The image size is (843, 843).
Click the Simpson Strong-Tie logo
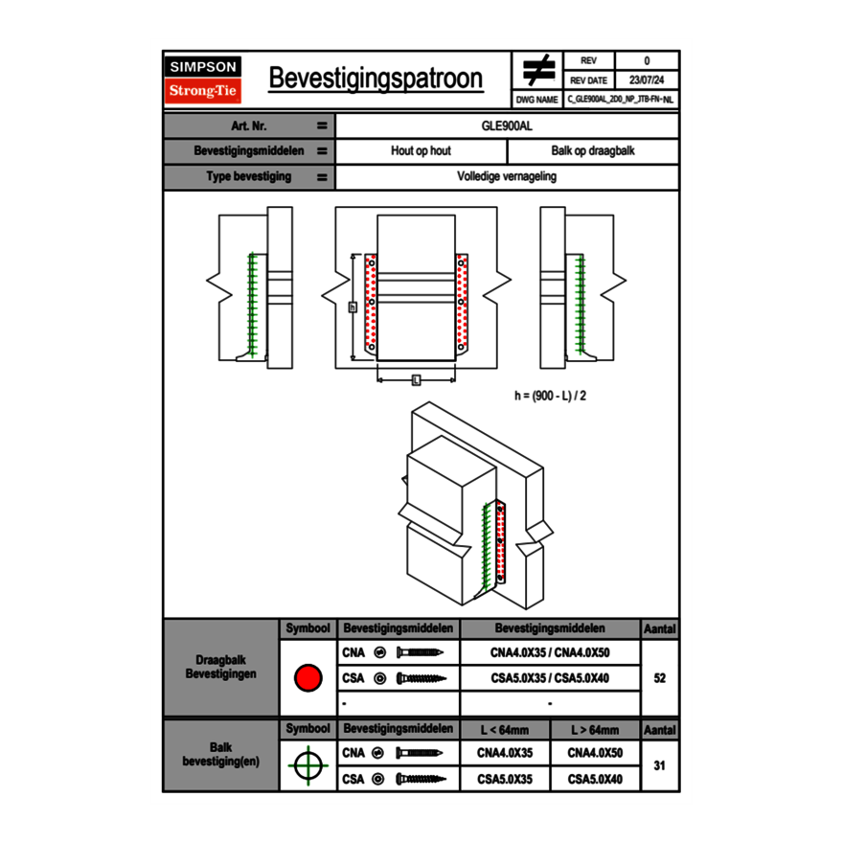click(x=204, y=80)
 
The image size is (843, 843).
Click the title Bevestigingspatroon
click(x=376, y=79)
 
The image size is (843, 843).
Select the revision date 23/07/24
click(x=647, y=80)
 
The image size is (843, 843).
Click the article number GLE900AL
click(x=507, y=125)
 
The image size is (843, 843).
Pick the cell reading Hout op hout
click(x=421, y=151)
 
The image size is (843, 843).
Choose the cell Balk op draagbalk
click(x=593, y=151)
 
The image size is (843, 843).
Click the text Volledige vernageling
click(x=507, y=177)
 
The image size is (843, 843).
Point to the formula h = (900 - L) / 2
click(x=551, y=395)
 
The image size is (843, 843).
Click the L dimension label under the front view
click(x=416, y=380)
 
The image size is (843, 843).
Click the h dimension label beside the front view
click(x=353, y=307)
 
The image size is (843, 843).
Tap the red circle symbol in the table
click(x=308, y=678)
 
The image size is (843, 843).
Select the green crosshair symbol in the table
click(x=308, y=765)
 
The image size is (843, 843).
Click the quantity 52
click(x=659, y=678)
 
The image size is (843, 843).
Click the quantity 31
click(x=659, y=765)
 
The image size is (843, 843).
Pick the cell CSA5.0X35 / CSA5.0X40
click(x=550, y=678)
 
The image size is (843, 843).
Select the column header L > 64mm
click(x=595, y=730)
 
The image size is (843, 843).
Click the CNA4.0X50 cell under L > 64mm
click(x=595, y=753)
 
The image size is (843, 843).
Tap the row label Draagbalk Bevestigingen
click(x=220, y=668)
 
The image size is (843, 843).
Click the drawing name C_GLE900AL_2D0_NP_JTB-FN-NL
click(x=621, y=99)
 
